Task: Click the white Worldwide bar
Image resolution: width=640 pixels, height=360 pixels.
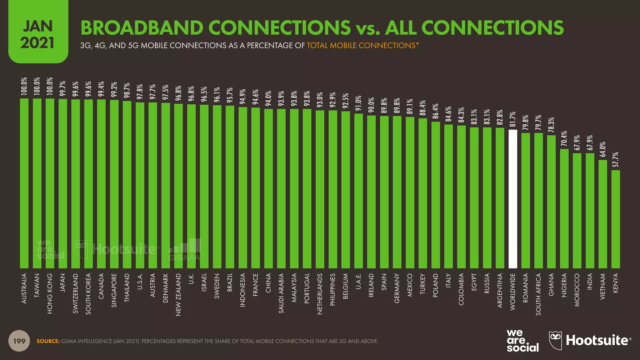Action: point(513,199)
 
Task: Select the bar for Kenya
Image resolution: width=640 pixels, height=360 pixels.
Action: point(616,219)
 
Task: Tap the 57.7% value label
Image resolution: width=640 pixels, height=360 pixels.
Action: point(616,159)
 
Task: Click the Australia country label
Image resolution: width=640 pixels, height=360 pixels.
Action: point(24,288)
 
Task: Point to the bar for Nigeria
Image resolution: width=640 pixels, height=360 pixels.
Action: point(564,208)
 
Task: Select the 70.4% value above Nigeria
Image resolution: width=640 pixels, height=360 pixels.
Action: point(564,139)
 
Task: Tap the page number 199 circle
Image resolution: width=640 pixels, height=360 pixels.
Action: point(19,341)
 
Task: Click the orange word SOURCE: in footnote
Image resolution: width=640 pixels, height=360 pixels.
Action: point(48,341)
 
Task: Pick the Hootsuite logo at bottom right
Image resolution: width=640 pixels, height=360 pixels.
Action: point(590,340)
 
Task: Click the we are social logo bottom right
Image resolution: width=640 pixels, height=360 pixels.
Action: point(522,341)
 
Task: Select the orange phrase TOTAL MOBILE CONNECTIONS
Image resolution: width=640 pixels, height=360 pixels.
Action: point(361,46)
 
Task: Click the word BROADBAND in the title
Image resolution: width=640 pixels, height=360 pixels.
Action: point(142,27)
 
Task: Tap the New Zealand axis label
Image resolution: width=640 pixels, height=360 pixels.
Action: point(178,294)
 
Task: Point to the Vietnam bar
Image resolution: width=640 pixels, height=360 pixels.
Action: point(602,214)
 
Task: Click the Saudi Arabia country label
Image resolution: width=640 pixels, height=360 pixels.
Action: point(281,293)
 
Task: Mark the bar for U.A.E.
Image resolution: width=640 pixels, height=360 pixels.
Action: point(358,191)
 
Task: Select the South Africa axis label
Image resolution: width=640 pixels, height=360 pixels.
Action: point(538,294)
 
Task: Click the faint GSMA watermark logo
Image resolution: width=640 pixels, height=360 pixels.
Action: point(185,250)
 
